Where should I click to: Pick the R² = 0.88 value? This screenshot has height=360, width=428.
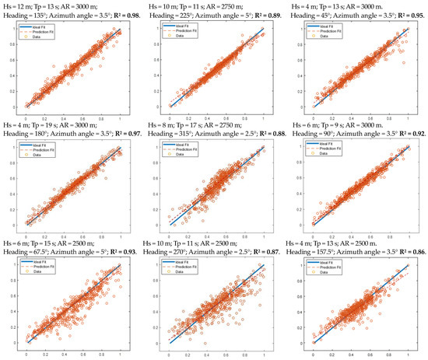coord(267,135)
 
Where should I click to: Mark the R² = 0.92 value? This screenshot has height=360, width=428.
coord(409,135)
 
